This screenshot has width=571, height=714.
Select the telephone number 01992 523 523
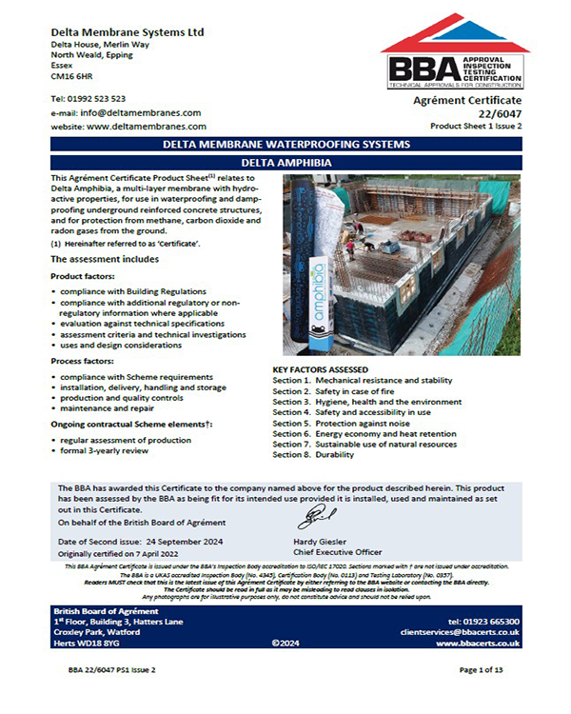(x=97, y=98)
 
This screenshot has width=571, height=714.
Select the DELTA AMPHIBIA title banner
(x=285, y=162)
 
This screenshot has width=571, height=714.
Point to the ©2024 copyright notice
(x=286, y=644)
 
